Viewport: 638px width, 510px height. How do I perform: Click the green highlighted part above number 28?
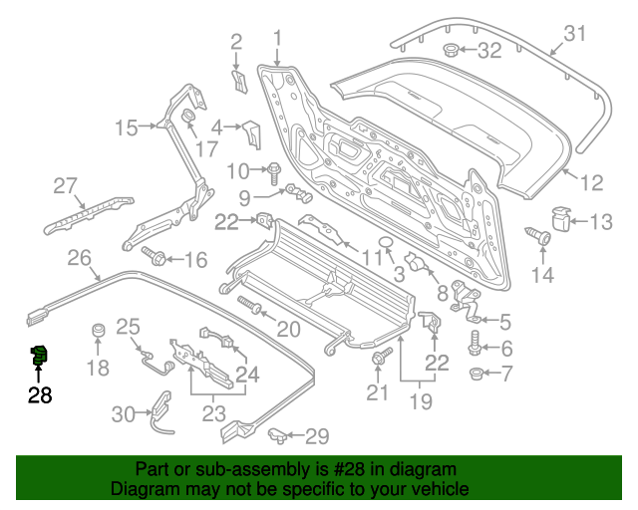(41, 353)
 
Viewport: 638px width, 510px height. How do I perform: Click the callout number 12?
(592, 183)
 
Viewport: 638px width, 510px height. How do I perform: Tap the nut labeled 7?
(477, 375)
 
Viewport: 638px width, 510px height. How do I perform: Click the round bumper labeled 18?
(99, 331)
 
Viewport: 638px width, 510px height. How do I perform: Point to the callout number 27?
(65, 185)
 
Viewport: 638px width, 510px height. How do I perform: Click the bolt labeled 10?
(272, 169)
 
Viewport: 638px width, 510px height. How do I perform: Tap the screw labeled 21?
(379, 359)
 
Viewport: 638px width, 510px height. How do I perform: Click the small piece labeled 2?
(239, 79)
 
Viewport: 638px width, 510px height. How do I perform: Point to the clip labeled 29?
(281, 434)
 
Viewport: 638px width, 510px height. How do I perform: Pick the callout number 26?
(80, 259)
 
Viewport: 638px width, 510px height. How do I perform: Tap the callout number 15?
(126, 127)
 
